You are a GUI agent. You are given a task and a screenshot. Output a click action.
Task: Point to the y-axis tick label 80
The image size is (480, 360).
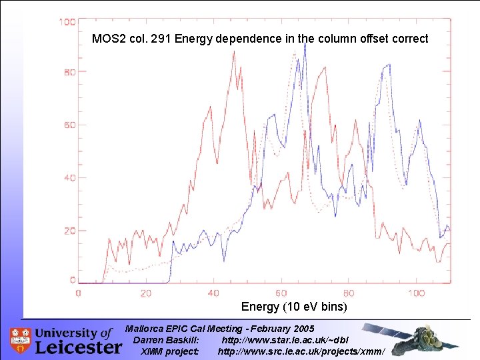pos(69,72)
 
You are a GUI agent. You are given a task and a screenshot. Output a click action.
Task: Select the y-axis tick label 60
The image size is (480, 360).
pos(69,125)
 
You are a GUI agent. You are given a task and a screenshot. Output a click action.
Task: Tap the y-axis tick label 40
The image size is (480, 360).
pos(69,178)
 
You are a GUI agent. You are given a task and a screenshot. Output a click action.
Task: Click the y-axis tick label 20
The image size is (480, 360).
pos(69,231)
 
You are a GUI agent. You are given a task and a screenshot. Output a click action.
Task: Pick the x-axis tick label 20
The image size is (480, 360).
pos(146,293)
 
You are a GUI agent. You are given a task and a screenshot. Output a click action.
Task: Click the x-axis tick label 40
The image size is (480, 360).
pos(213,293)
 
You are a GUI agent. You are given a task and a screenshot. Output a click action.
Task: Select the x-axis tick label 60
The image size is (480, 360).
pos(281,293)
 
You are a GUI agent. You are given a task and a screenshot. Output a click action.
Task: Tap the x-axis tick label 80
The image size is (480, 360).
pos(349,293)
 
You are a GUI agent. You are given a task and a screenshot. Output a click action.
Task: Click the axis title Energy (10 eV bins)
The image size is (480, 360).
pos(294,307)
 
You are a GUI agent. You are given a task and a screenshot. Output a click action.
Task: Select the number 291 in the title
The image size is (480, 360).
pos(159,39)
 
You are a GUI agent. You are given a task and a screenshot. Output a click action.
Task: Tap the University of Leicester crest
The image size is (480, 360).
pos(21,340)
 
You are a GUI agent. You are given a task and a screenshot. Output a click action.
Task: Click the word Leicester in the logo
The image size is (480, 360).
pos(78,347)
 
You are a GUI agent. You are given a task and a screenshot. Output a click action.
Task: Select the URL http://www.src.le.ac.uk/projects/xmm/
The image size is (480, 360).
pos(301,351)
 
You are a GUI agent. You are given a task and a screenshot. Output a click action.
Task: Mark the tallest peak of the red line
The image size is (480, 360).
pos(233,52)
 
